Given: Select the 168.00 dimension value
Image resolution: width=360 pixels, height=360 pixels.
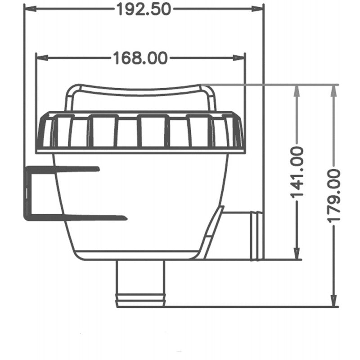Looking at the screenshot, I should coord(139,58).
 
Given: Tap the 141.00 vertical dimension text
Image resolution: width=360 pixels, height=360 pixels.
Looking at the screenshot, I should coord(297,172).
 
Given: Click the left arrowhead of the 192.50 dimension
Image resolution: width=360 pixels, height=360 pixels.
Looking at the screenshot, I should coord(28,9).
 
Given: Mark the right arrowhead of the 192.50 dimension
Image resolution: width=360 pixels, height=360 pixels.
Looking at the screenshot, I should coord(260,9).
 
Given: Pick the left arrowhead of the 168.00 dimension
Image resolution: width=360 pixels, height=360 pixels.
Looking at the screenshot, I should coord(40,57).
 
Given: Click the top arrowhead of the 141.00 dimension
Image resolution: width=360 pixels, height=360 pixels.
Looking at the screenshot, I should coord(297,89).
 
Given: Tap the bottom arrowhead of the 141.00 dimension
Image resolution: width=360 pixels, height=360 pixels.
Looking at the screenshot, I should coord(297,256).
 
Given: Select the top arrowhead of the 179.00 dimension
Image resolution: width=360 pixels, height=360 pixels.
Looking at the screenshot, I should coord(333,89).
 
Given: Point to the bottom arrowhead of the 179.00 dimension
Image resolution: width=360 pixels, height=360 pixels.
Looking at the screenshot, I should coord(333,302).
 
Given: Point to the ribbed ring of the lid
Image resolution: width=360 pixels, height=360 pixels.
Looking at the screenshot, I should coord(140,131).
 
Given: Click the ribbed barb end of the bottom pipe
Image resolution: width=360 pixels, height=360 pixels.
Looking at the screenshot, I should coord(140,298).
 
